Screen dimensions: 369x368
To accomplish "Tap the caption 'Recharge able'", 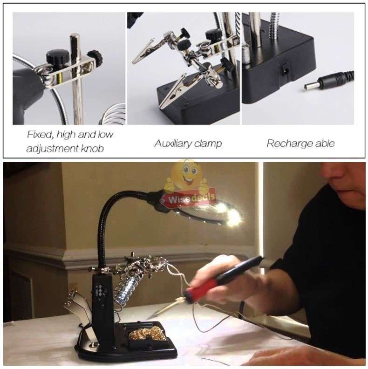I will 300,143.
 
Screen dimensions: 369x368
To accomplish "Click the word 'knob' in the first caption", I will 91,149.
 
